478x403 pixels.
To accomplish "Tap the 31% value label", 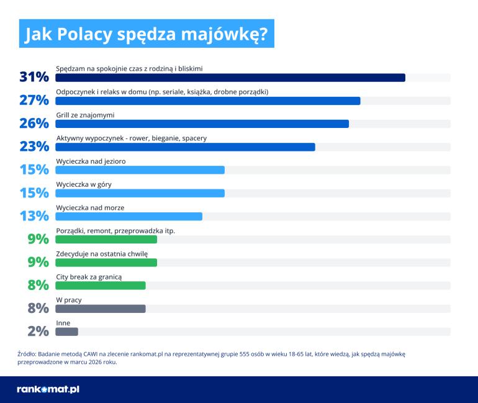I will (34, 78).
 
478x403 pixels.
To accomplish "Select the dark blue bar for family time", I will (230, 78).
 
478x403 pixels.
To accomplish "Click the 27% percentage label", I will (34, 101).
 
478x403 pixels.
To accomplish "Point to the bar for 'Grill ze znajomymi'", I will (202, 124).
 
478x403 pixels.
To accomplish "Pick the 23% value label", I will (34, 147).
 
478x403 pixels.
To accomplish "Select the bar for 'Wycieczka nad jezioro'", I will (140, 170).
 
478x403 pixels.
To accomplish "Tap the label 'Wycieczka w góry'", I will (84, 184).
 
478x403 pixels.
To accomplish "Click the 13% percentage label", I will (34, 216).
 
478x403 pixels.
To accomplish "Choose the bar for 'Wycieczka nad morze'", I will (129, 216).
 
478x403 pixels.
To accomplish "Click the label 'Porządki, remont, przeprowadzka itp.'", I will (115, 230).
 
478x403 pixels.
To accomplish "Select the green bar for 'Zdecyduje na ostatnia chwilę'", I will (106, 262).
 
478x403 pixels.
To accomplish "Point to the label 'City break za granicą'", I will (89, 276).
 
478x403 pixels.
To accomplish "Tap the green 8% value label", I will (38, 286).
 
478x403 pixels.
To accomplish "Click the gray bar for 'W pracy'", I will (101, 309).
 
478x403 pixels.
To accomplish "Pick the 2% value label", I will (38, 332).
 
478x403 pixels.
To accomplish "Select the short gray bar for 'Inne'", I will (66, 332).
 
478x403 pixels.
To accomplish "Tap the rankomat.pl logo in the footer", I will (48, 389).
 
